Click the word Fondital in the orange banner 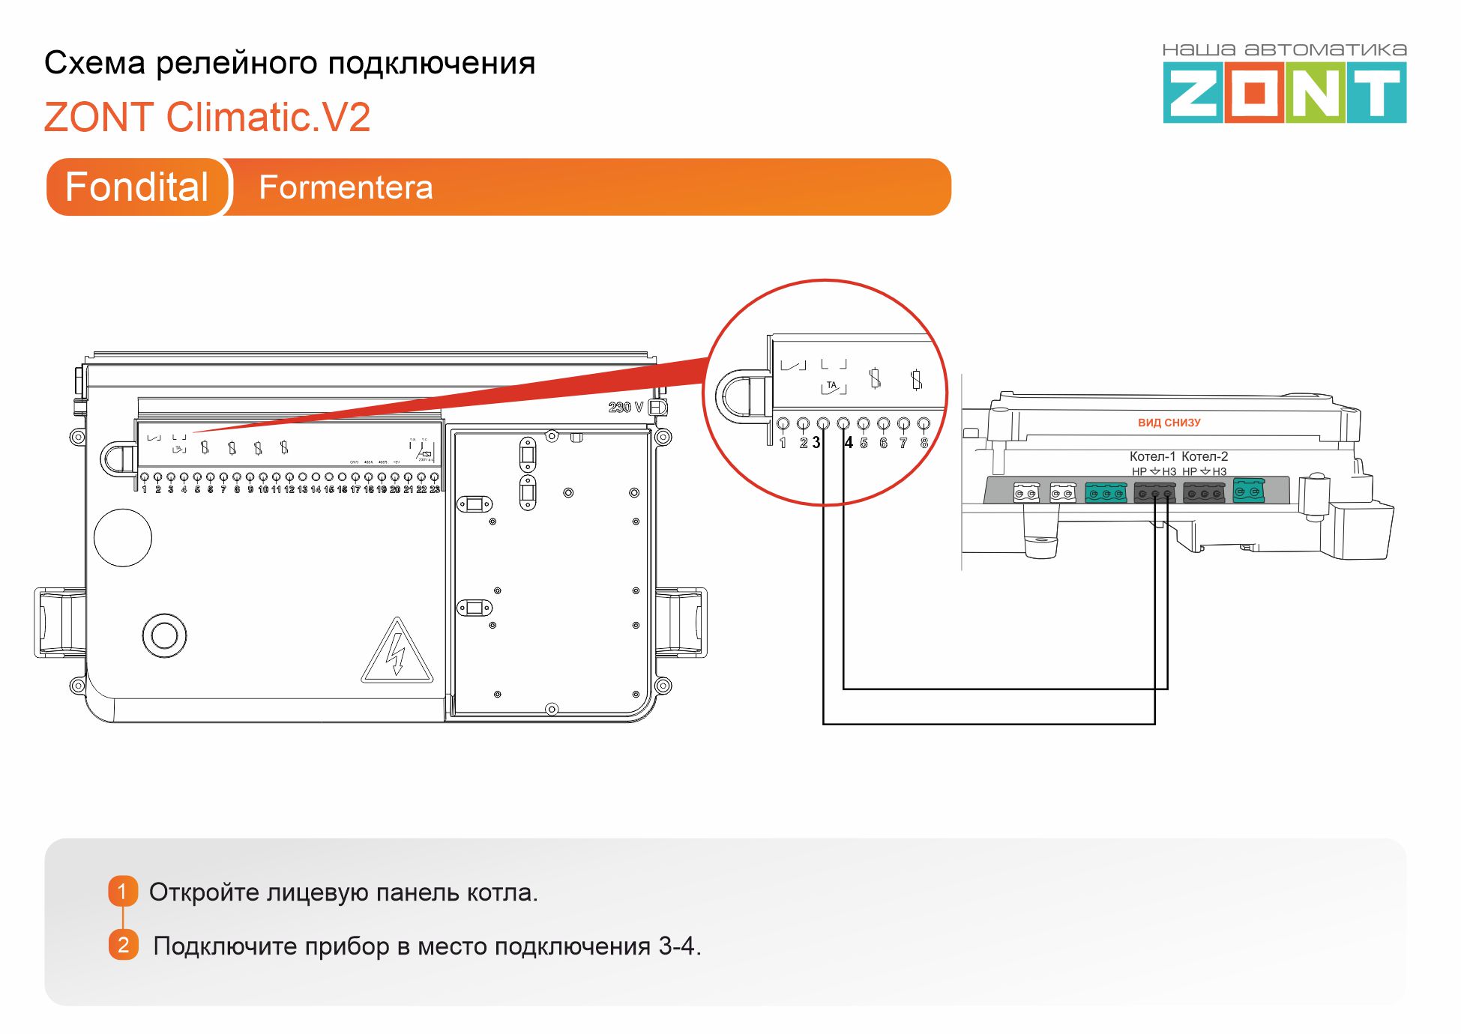136,187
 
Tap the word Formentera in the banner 346,187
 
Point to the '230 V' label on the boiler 625,408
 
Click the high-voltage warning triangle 397,652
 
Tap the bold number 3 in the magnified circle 816,443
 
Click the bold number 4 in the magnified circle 849,443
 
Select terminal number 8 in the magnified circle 924,443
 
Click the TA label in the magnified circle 831,386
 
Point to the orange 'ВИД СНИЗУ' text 1169,423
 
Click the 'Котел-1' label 1152,456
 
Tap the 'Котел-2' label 1205,456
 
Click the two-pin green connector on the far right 1248,492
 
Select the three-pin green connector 1106,493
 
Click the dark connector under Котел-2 1204,493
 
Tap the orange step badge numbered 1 123,891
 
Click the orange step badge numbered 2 124,945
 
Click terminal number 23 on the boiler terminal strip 435,489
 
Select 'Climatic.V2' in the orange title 268,118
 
